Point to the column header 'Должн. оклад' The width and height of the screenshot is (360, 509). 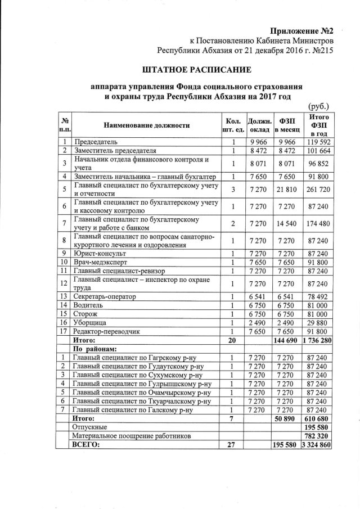pos(259,125)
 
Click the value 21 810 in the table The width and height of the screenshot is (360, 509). pos(287,191)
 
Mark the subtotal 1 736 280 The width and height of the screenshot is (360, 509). pos(319,340)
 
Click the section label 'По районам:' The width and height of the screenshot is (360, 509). pos(97,349)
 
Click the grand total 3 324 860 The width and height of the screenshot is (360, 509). pos(319,445)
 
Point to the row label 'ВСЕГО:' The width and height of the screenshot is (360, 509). pos(87,445)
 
